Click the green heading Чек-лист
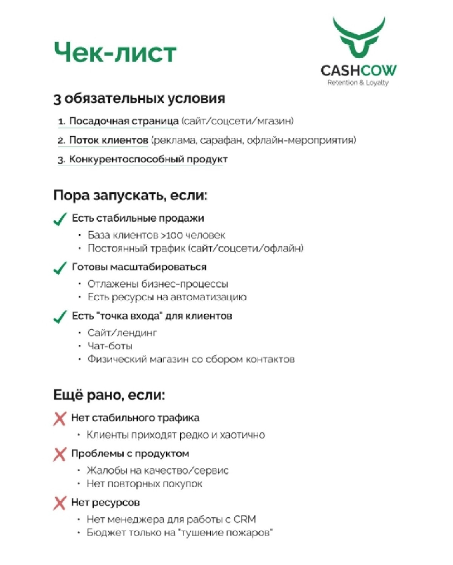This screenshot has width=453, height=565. coord(115,52)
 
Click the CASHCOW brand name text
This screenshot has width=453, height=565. coord(359,70)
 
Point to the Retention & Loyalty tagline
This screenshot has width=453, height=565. coord(358,83)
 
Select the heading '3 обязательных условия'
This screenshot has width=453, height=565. coord(139,99)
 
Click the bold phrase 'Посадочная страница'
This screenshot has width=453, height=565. coord(123,121)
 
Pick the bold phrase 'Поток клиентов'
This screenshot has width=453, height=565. coord(108,140)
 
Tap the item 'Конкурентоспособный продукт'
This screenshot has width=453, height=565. coord(148,159)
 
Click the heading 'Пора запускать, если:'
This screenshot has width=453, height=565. coord(130,196)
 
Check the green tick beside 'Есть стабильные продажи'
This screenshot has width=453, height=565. coord(60,219)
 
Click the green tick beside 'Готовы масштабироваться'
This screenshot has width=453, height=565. coord(60,268)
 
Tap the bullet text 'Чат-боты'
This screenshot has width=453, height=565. coord(110,346)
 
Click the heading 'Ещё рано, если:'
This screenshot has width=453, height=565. coord(109,395)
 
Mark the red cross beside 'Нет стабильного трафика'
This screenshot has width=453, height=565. coord(60,418)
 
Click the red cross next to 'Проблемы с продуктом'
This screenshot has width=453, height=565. coord(60,454)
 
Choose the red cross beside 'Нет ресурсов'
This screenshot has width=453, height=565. coord(60,503)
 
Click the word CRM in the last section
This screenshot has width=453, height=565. coord(245,519)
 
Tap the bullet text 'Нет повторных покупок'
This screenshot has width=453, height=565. coord(145,484)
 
